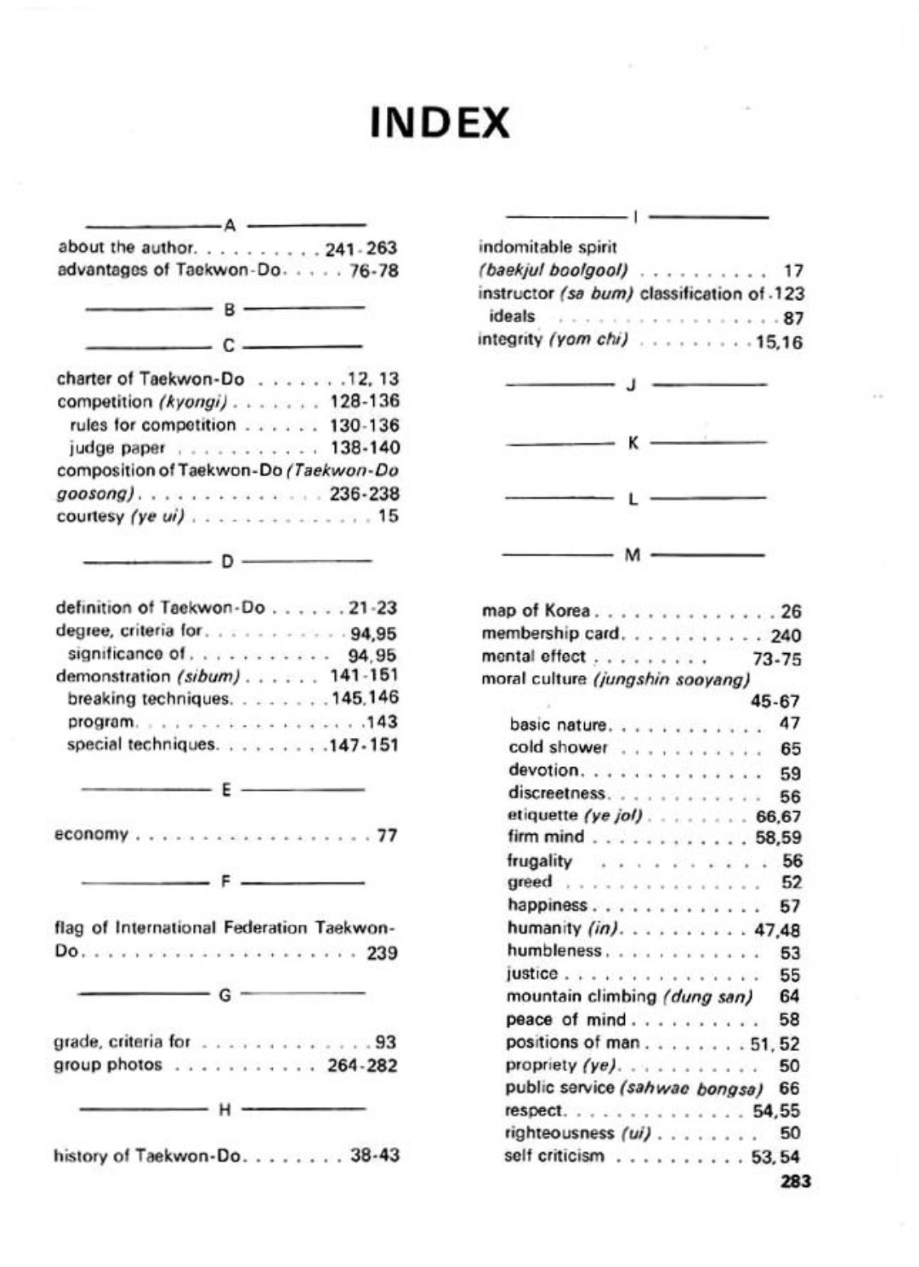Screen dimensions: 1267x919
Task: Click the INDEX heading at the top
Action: tap(440, 124)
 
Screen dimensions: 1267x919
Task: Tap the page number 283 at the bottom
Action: tap(794, 1181)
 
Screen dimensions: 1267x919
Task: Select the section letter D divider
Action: tap(227, 561)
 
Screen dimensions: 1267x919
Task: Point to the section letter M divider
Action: tap(632, 555)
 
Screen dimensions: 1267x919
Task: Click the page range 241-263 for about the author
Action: tap(361, 248)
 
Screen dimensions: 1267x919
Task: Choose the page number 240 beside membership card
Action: tap(785, 635)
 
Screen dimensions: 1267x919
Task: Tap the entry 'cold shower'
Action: tap(557, 748)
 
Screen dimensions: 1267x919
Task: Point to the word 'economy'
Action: tap(91, 834)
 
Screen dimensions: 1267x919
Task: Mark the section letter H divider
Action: tap(226, 1109)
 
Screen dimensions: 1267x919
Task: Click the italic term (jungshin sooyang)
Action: tap(671, 679)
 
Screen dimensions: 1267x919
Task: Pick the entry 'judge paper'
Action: tap(117, 448)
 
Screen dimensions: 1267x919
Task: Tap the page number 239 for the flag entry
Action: tap(381, 952)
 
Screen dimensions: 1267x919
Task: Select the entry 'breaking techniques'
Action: tap(149, 699)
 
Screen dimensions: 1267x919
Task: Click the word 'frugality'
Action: tap(539, 861)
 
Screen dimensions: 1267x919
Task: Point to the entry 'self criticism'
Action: tap(554, 1155)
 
